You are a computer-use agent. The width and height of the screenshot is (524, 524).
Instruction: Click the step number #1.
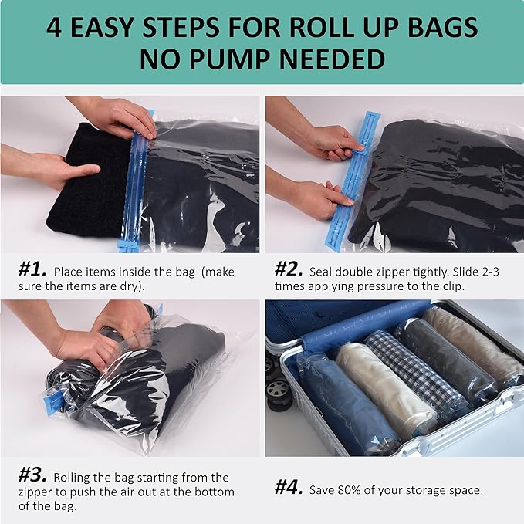pyautogui.click(x=33, y=271)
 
